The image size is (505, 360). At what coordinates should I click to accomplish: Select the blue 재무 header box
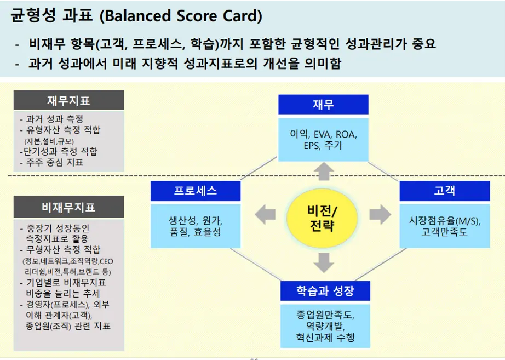coord(323,105)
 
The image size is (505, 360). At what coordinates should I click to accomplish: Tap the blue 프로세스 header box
coord(196,191)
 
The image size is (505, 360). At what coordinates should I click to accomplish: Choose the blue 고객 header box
coord(444,191)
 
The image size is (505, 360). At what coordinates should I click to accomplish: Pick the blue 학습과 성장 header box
coord(325,291)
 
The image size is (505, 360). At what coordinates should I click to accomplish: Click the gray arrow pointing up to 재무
coord(324,171)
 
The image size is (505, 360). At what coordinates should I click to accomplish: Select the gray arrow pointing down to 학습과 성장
coord(324,262)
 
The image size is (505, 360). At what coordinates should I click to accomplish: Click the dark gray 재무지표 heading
coord(68,101)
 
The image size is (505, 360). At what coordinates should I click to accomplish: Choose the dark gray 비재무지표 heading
coord(68,207)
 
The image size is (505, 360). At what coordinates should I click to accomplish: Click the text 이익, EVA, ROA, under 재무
coord(323,134)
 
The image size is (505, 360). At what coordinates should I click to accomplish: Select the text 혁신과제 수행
coord(325,338)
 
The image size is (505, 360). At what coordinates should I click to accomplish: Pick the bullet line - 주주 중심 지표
coord(51,162)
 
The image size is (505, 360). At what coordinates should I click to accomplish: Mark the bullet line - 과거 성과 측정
coord(51,119)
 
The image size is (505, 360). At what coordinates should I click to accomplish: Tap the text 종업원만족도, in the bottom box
coord(325,315)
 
